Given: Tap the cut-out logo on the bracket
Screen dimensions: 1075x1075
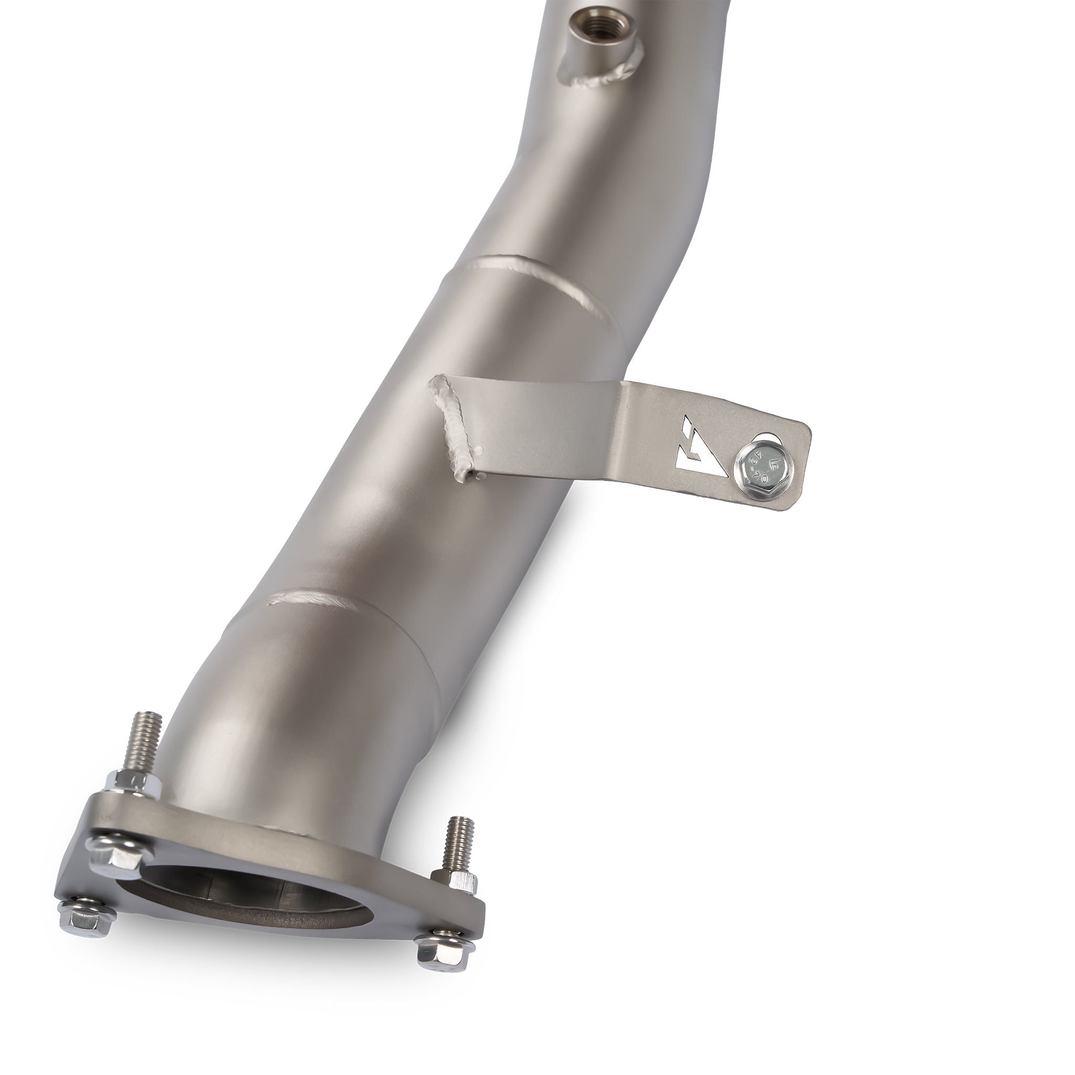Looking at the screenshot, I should [x=702, y=454].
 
